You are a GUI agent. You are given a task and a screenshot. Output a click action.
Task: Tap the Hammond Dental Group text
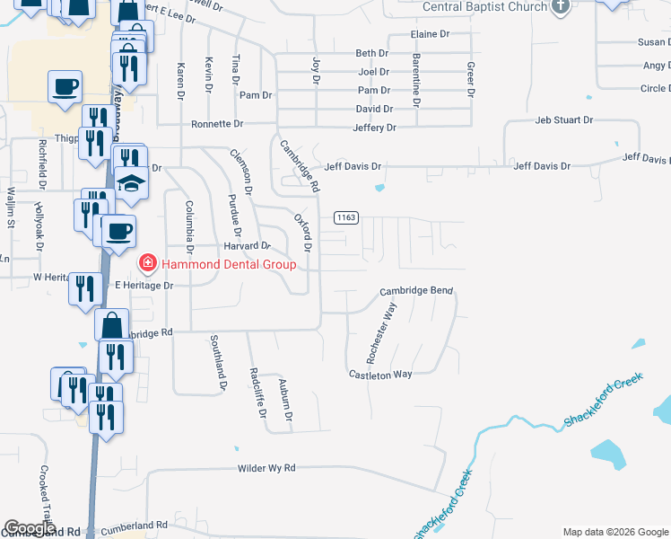point(228,264)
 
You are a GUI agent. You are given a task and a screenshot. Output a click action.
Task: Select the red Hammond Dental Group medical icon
point(146,263)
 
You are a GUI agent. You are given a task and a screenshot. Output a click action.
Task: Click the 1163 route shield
point(347,217)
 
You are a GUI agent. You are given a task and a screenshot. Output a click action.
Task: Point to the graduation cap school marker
point(131,184)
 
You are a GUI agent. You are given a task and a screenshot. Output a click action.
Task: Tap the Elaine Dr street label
point(429,34)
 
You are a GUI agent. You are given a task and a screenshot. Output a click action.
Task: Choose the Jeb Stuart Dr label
point(564,119)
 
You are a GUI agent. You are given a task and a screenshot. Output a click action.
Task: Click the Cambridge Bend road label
point(416,291)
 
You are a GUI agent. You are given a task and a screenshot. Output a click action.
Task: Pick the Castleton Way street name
point(379,374)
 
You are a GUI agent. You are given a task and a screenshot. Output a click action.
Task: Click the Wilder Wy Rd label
point(266,469)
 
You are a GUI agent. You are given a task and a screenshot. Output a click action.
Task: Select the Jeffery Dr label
point(374,128)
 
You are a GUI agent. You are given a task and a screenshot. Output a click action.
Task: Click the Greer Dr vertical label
point(469,79)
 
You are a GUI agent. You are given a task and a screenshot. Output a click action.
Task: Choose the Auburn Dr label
point(285,400)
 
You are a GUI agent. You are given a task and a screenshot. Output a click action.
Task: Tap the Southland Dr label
point(218,364)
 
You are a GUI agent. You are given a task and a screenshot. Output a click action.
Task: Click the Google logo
point(30,528)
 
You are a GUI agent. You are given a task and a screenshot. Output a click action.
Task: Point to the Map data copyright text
point(615,532)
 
